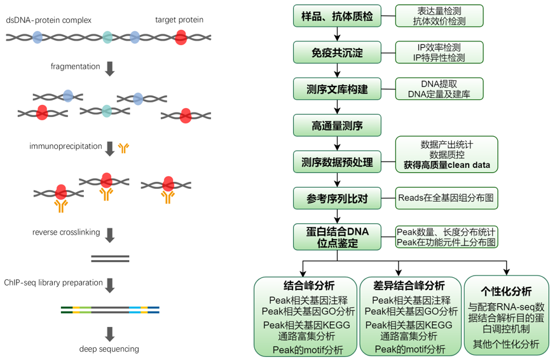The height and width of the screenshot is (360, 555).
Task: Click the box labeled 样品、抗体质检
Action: tap(337, 16)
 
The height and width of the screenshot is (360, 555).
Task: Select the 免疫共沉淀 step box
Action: tap(337, 52)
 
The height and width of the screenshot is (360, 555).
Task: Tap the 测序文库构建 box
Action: tap(337, 88)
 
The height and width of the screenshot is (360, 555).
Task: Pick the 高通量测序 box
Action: tap(337, 125)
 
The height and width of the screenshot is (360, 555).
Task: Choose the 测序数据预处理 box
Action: tap(337, 162)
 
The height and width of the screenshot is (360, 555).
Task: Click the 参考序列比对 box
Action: tap(337, 198)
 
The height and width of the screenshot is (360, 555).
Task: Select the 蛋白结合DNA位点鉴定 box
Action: tap(337, 235)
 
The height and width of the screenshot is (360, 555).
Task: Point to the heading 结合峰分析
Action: tap(308, 286)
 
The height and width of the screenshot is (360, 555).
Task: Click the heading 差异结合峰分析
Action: tap(411, 286)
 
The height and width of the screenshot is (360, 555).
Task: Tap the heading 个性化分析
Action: tap(507, 291)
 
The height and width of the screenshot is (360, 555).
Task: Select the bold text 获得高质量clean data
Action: tap(446, 165)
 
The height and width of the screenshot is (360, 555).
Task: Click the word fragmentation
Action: tap(76, 67)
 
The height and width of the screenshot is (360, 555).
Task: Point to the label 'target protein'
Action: tap(179, 20)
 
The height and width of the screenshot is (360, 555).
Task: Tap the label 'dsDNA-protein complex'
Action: tap(49, 20)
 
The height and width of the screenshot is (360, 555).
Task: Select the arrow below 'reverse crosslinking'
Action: tap(109, 235)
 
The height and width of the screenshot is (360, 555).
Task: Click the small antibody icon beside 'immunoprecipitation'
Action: tap(123, 148)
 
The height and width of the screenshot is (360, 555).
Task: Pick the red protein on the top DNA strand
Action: tap(181, 38)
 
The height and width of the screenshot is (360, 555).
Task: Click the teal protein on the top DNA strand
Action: tap(108, 37)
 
